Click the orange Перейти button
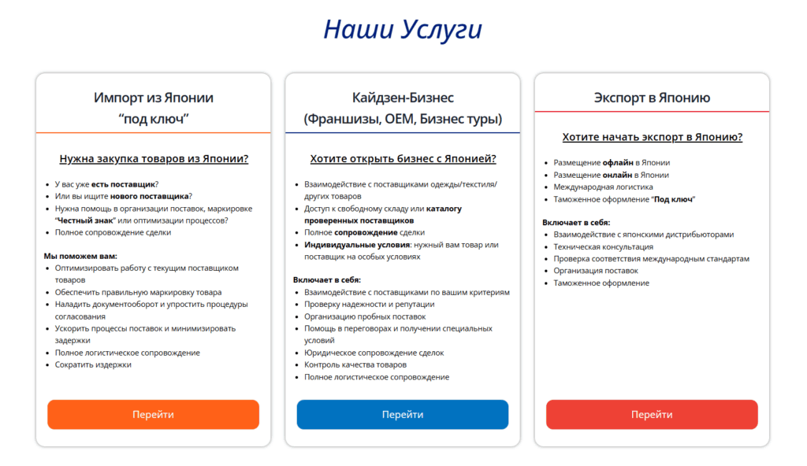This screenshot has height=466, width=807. (x=153, y=415)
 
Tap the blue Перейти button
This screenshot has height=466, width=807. (x=403, y=415)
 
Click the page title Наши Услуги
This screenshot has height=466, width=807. (x=403, y=30)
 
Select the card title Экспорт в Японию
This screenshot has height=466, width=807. (x=652, y=98)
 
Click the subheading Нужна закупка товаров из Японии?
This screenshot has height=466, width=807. (x=154, y=159)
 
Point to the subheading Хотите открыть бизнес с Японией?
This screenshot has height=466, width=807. (x=403, y=159)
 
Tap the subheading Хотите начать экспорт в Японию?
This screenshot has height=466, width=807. (x=652, y=137)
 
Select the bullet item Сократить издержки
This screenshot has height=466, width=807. (x=93, y=364)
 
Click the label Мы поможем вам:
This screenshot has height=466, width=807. (x=80, y=256)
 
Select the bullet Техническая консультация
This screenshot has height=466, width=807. (x=603, y=246)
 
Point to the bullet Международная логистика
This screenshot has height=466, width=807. (x=603, y=187)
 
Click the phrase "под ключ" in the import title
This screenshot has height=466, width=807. (x=154, y=119)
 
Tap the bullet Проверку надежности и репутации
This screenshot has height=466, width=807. (x=369, y=304)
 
